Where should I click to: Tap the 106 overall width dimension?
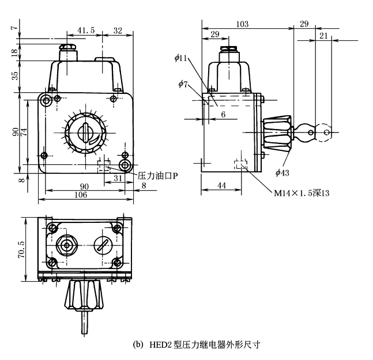pos(82,195)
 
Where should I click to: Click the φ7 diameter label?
pos(182,85)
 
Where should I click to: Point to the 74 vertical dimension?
pos(23,131)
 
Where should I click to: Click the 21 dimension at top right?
pos(323,36)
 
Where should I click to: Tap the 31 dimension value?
pos(116,179)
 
